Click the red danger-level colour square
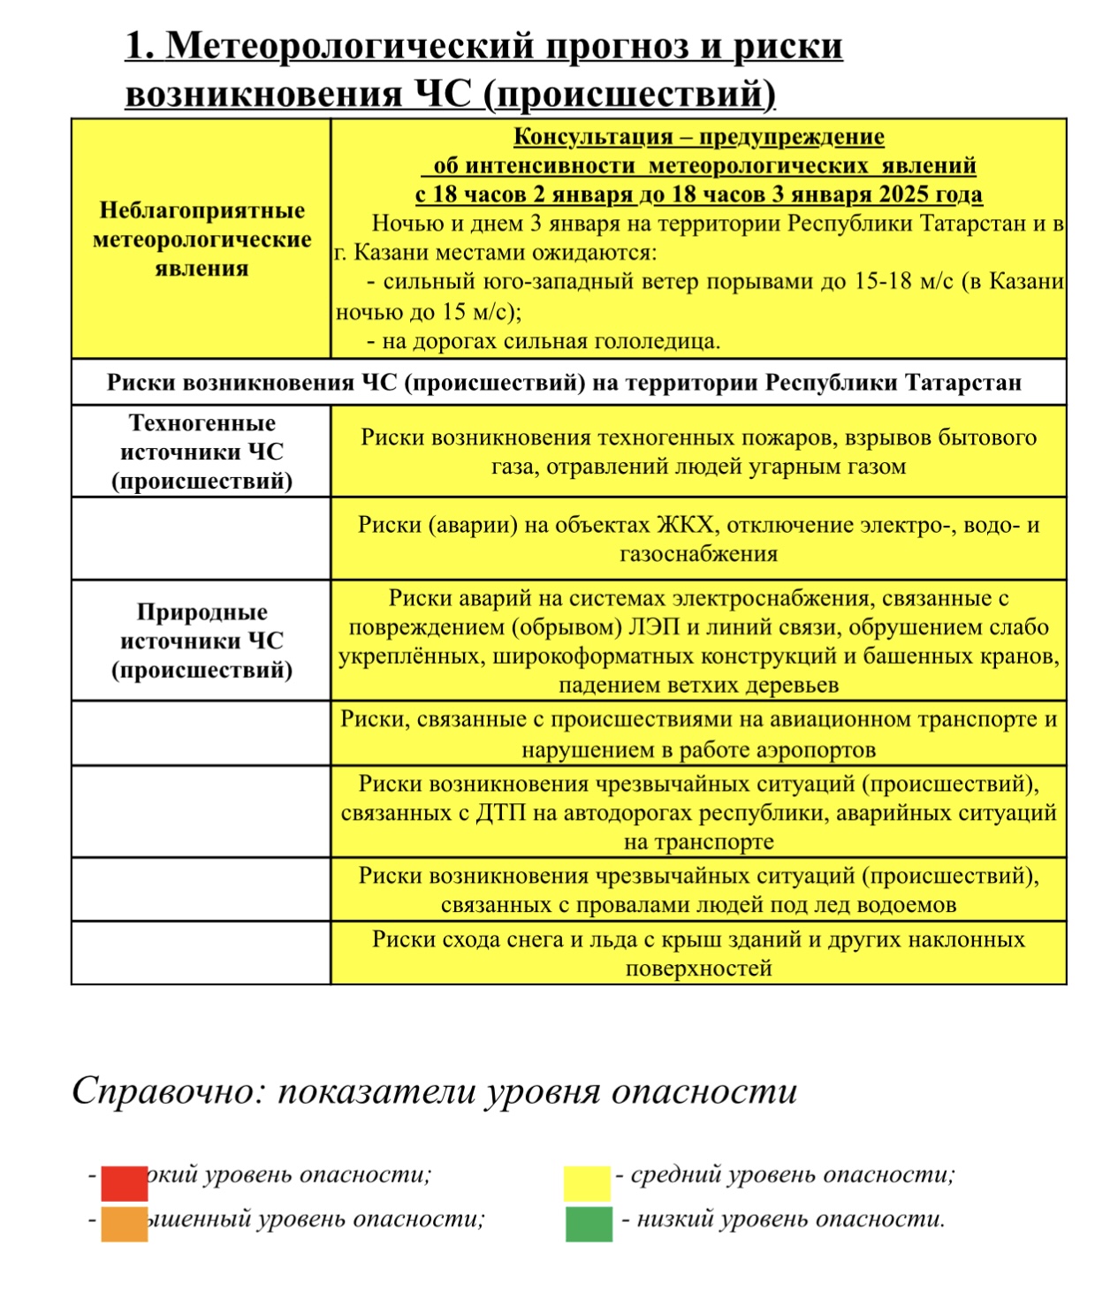124,1182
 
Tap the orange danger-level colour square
124,1224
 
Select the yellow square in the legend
587,1183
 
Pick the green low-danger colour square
589,1224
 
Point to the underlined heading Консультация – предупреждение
698,137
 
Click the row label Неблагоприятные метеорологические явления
202,239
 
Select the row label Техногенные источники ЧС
202,452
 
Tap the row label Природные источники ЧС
202,641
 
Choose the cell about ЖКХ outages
698,539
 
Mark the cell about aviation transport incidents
698,734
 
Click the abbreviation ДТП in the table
500,813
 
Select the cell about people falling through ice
698,890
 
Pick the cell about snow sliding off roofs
698,953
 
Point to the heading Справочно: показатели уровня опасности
434,1092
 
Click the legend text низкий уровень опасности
790,1220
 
